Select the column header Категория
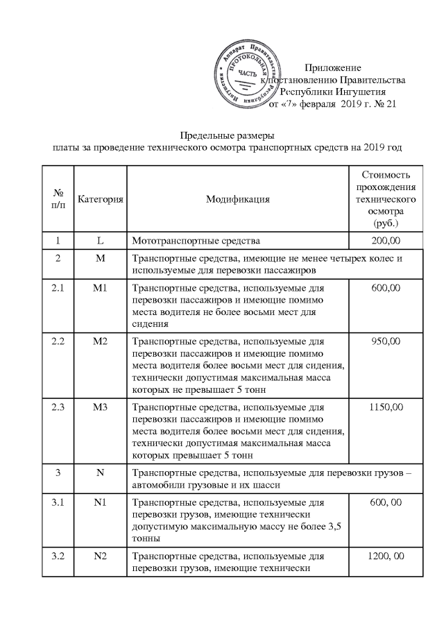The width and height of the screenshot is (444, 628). (101, 200)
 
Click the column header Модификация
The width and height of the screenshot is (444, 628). (237, 200)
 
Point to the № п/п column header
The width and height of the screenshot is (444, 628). (59, 200)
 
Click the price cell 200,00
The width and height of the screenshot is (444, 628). (386, 241)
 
